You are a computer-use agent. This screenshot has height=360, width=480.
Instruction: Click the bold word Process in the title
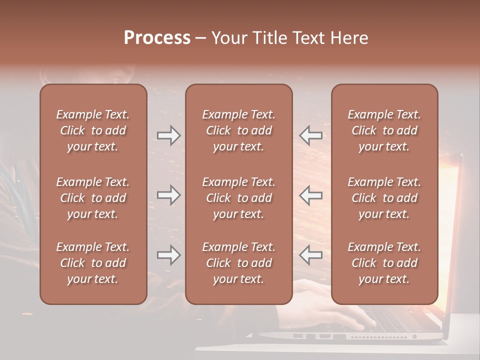pos(157,38)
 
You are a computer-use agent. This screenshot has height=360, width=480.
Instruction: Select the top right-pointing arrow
pos(169,135)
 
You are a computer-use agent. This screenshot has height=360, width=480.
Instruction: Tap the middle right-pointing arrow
pos(169,195)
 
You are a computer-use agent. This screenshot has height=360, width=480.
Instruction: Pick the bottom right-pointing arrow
pos(169,255)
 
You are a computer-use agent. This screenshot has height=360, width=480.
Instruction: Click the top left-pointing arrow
pos(311,135)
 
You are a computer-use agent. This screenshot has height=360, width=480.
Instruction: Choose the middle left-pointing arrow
pos(311,195)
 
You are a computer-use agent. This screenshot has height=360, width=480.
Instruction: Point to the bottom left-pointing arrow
pos(311,255)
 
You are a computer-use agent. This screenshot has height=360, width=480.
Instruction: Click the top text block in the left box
pos(93,130)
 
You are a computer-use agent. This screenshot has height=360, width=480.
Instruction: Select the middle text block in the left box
pos(93,198)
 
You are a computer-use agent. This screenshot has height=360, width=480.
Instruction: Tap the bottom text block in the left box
pos(93,263)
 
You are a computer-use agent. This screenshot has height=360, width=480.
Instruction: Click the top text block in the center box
pos(238,130)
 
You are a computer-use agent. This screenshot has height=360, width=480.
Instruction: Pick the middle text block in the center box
pos(238,198)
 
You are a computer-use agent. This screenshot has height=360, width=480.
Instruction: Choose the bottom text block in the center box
pos(238,263)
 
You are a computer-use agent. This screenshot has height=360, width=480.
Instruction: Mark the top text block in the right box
pos(384,130)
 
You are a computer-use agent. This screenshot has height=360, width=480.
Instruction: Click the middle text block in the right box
pos(384,198)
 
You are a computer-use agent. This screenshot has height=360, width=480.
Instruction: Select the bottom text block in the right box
pos(384,263)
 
